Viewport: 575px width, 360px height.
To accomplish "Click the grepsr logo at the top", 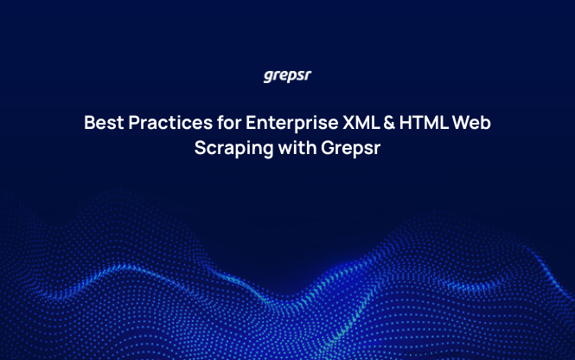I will (x=287, y=75).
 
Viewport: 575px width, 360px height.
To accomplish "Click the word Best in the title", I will (x=103, y=123).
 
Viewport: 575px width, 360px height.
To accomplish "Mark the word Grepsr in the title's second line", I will (x=351, y=147).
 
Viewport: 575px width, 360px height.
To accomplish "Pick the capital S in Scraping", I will (x=200, y=147).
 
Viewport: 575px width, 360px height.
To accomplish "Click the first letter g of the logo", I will (x=267, y=76).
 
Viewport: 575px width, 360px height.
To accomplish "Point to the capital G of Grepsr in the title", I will (x=328, y=147).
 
